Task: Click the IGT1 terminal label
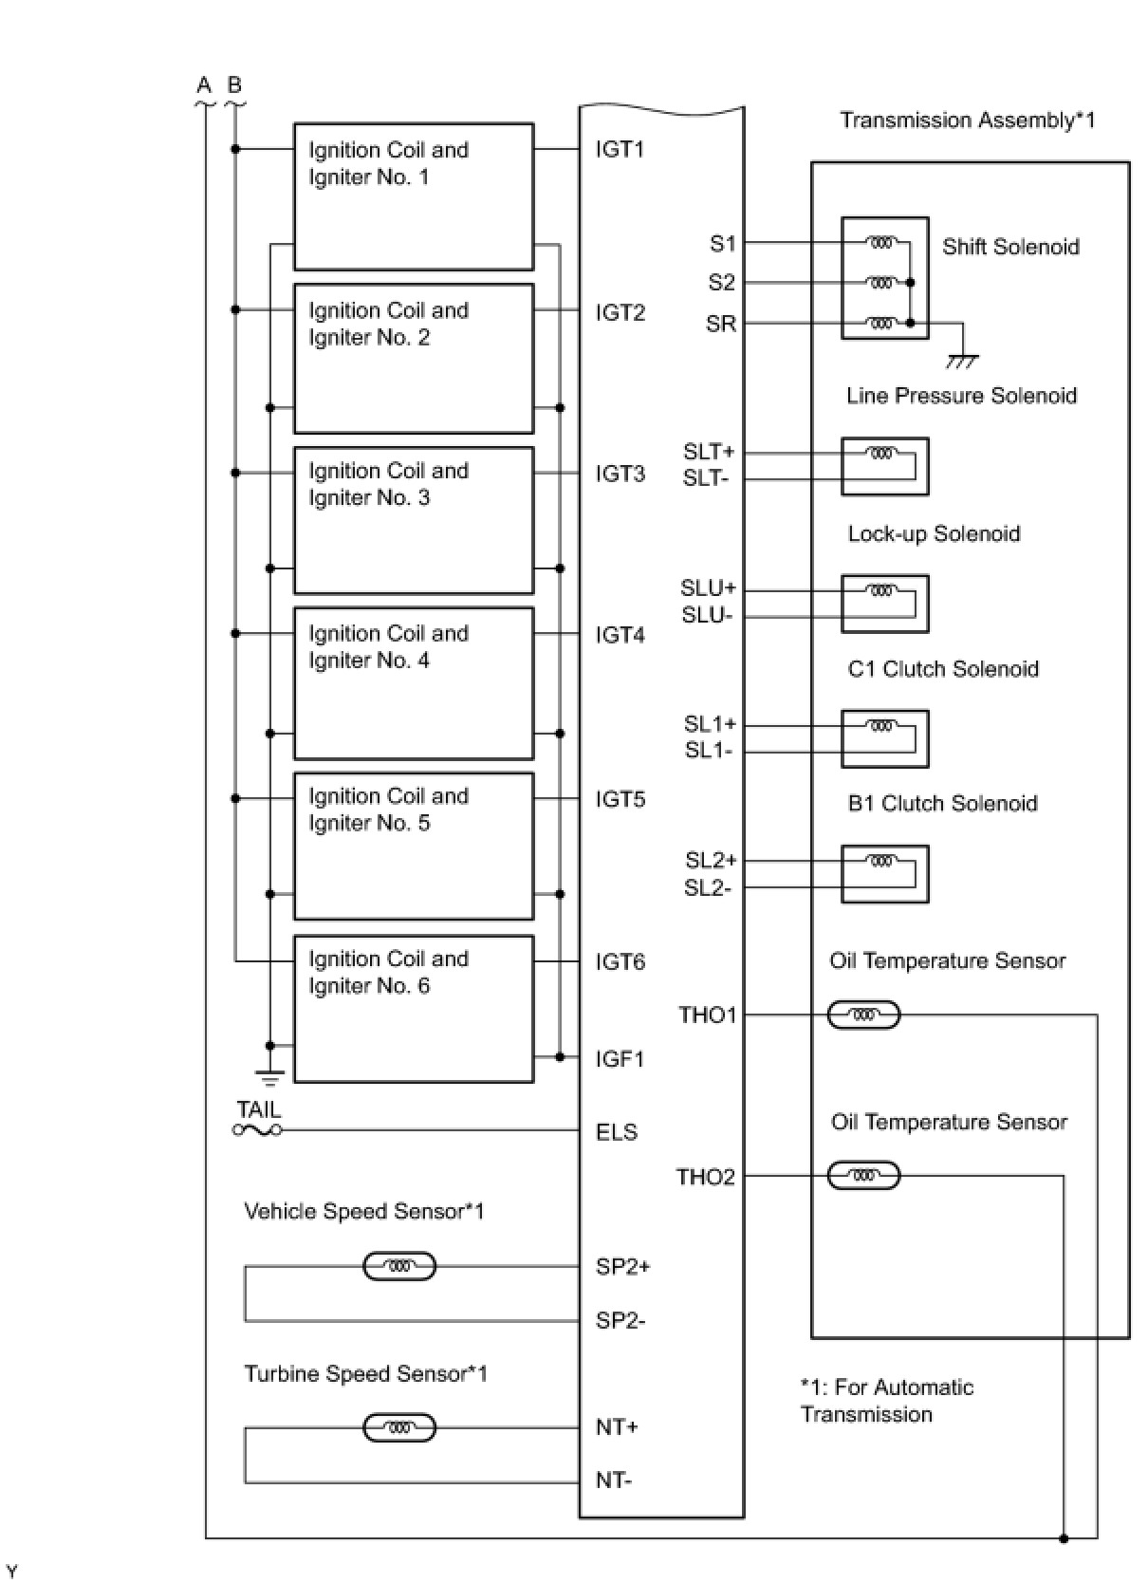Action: tap(620, 150)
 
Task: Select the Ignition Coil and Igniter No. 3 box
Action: tap(414, 520)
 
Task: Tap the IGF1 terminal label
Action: tap(620, 1058)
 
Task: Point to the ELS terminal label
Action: tap(617, 1131)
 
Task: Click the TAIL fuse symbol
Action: tap(257, 1129)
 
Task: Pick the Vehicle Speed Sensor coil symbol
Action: tap(399, 1266)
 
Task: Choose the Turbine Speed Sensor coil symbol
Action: tap(399, 1427)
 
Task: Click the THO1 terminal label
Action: tap(707, 1015)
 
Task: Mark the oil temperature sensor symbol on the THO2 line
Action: tap(863, 1177)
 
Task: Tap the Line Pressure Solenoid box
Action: tap(884, 466)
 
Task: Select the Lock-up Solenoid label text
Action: tap(934, 533)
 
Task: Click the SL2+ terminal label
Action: tap(711, 861)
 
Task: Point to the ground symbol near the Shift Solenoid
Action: tap(962, 361)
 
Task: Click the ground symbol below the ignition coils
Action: tap(270, 1076)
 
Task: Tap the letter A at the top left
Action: tap(204, 85)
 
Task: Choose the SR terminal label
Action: tap(721, 324)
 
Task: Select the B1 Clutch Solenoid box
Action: tap(884, 873)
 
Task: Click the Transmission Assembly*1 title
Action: tap(967, 121)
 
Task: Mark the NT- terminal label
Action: tap(614, 1480)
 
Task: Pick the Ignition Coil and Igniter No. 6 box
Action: tap(414, 1009)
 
